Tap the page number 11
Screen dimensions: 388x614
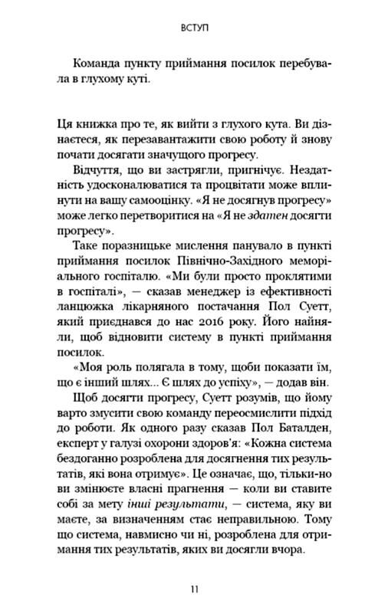click(193, 589)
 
